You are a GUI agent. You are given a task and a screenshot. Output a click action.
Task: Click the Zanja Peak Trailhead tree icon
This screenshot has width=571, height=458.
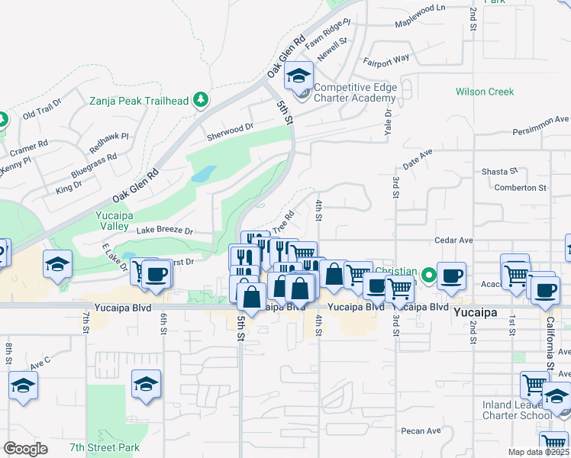click(x=200, y=99)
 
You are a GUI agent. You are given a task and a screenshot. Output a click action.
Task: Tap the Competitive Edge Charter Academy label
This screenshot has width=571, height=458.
click(x=356, y=92)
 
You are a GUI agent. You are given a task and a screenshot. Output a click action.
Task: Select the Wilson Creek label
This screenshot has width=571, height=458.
click(x=485, y=92)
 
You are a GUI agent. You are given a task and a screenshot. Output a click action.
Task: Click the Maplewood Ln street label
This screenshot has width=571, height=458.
click(x=419, y=27)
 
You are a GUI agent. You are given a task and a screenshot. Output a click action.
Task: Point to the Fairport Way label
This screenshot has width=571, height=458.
click(x=386, y=58)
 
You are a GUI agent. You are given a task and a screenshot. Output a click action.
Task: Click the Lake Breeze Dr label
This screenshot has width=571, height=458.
click(x=165, y=231)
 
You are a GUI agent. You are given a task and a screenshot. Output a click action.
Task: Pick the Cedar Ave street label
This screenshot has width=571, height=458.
click(x=454, y=240)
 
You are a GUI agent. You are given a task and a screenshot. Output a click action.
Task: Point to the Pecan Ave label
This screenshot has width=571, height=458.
click(x=423, y=431)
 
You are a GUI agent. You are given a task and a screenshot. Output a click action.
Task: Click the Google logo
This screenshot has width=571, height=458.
click(x=26, y=448)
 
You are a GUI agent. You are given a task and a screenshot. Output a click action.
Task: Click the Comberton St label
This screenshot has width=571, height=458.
click(x=521, y=187)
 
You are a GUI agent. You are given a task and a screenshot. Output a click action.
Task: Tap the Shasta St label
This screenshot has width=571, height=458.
click(x=499, y=172)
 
